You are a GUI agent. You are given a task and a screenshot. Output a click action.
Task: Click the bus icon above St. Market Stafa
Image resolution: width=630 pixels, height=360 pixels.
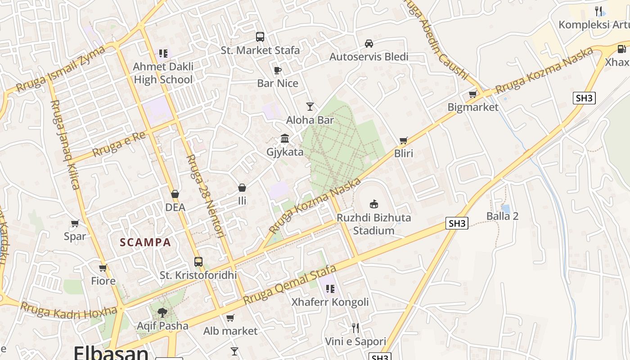[x=260, y=37]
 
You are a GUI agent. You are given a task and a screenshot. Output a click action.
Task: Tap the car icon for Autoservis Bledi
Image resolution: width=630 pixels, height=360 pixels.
[x=369, y=44]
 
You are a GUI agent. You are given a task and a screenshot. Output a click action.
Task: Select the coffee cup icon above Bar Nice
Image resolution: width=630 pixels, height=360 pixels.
[x=278, y=70]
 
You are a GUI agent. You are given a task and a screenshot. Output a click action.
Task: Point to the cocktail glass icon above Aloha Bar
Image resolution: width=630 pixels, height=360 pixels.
[x=310, y=107]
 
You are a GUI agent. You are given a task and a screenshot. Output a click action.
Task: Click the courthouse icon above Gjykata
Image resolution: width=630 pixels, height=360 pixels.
[x=285, y=139]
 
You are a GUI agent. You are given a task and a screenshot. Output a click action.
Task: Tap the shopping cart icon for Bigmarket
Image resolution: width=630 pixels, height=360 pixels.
[x=472, y=94]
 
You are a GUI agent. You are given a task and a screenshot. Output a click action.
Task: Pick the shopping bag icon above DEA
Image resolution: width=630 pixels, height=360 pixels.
[x=175, y=194]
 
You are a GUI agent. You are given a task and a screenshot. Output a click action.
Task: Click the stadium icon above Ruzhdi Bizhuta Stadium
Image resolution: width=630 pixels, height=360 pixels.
[x=373, y=204]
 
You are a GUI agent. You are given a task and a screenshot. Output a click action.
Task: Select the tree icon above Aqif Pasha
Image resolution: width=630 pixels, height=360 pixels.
[x=162, y=312]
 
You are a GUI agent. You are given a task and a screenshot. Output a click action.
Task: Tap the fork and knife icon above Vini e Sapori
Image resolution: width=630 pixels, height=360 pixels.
[x=355, y=328]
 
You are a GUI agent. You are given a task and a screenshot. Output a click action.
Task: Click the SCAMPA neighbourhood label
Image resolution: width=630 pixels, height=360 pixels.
[x=145, y=243]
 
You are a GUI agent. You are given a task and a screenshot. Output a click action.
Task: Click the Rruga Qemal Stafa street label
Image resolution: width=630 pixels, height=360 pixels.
[x=290, y=284]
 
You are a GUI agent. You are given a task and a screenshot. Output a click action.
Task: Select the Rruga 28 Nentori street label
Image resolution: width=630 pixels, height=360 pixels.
[x=206, y=196]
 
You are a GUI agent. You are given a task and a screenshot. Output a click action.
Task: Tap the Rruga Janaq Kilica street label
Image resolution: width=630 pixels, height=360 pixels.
[x=65, y=144]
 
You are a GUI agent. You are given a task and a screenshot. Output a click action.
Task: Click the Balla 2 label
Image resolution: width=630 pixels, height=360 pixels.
[x=502, y=216]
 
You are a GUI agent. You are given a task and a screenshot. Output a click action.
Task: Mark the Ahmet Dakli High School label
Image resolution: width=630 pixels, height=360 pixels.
[x=163, y=73]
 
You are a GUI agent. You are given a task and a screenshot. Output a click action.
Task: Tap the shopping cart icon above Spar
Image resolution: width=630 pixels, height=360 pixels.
[x=75, y=223]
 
